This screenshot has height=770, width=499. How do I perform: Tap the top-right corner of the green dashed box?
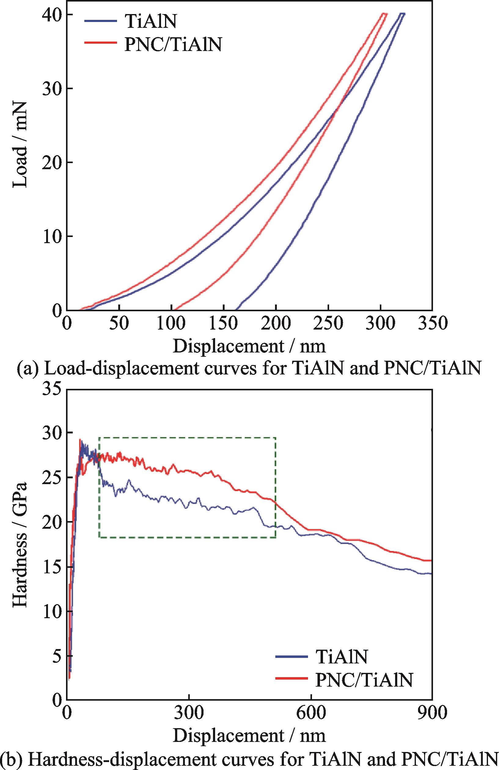pyautogui.click(x=275, y=438)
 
